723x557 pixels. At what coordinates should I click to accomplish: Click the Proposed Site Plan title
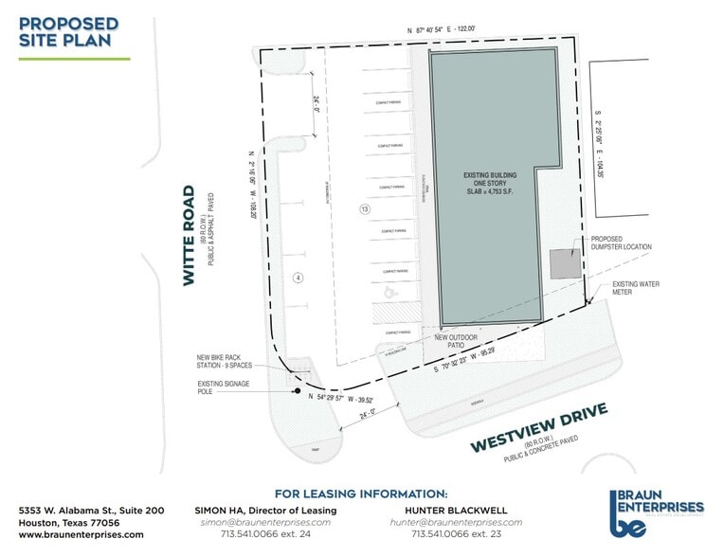click(68, 31)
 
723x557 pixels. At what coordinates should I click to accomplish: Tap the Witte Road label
click(190, 235)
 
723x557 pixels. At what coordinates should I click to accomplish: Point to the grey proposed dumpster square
click(564, 263)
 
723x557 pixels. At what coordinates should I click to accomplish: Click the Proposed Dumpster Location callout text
click(621, 243)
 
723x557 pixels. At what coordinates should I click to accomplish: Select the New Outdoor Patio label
click(454, 342)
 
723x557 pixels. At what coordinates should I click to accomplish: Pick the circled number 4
click(297, 278)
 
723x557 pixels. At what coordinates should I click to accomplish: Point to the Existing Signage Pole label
click(238, 387)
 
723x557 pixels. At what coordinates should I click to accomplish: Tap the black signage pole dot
click(298, 390)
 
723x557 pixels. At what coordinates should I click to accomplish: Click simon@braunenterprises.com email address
click(264, 522)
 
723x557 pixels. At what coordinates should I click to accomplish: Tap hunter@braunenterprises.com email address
click(457, 522)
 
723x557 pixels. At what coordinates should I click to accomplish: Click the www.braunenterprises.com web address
click(81, 534)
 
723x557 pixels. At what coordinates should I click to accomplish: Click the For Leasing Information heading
click(361, 494)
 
